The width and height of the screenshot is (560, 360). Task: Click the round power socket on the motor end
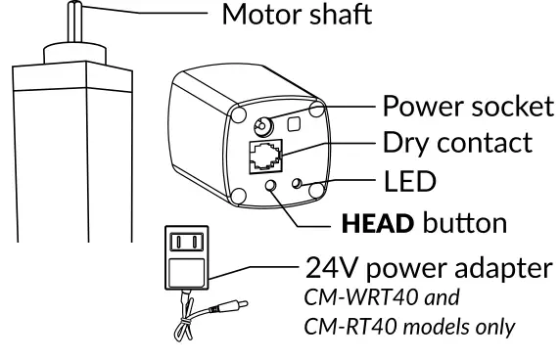pyautogui.click(x=263, y=127)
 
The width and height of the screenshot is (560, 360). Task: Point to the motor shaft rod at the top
pyautogui.click(x=71, y=24)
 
